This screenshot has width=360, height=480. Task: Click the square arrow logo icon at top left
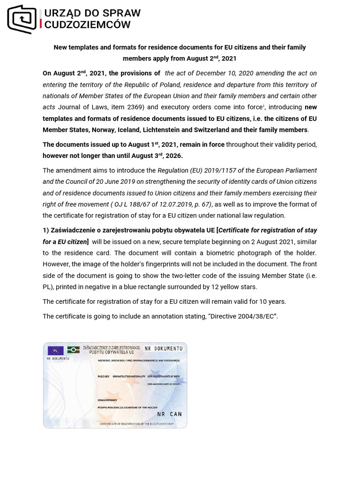(22, 19)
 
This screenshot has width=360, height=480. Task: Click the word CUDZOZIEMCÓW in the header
(88, 25)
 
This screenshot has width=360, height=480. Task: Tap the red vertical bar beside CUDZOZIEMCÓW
(41, 24)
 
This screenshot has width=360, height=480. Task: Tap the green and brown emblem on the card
(73, 350)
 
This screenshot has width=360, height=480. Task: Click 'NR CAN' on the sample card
(169, 414)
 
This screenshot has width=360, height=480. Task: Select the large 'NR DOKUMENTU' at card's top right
(163, 349)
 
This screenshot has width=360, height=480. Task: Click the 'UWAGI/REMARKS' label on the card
(107, 400)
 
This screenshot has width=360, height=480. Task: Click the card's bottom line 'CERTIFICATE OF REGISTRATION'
(136, 424)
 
